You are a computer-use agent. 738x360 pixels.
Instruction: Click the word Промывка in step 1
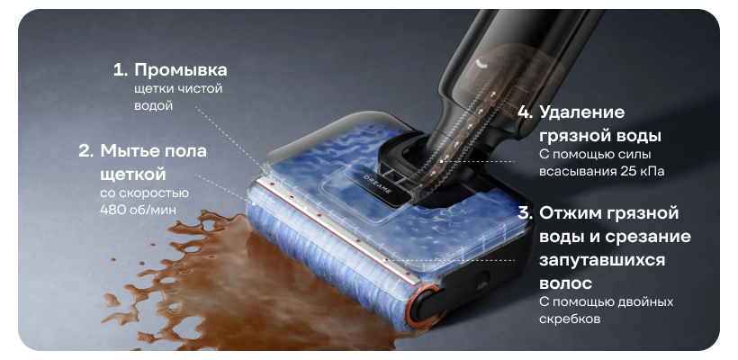[x=181, y=70]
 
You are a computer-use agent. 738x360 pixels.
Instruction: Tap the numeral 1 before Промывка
[x=120, y=70]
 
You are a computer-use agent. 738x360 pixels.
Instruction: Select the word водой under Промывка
[x=153, y=106]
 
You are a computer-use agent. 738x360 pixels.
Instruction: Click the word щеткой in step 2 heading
[x=133, y=175]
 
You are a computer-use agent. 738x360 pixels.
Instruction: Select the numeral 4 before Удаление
[x=525, y=112]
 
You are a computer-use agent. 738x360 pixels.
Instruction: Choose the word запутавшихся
[x=602, y=260]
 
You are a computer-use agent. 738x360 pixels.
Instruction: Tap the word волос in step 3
[x=565, y=283]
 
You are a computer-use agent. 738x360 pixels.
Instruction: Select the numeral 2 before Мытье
[x=85, y=151]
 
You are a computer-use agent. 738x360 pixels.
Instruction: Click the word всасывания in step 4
[x=577, y=171]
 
